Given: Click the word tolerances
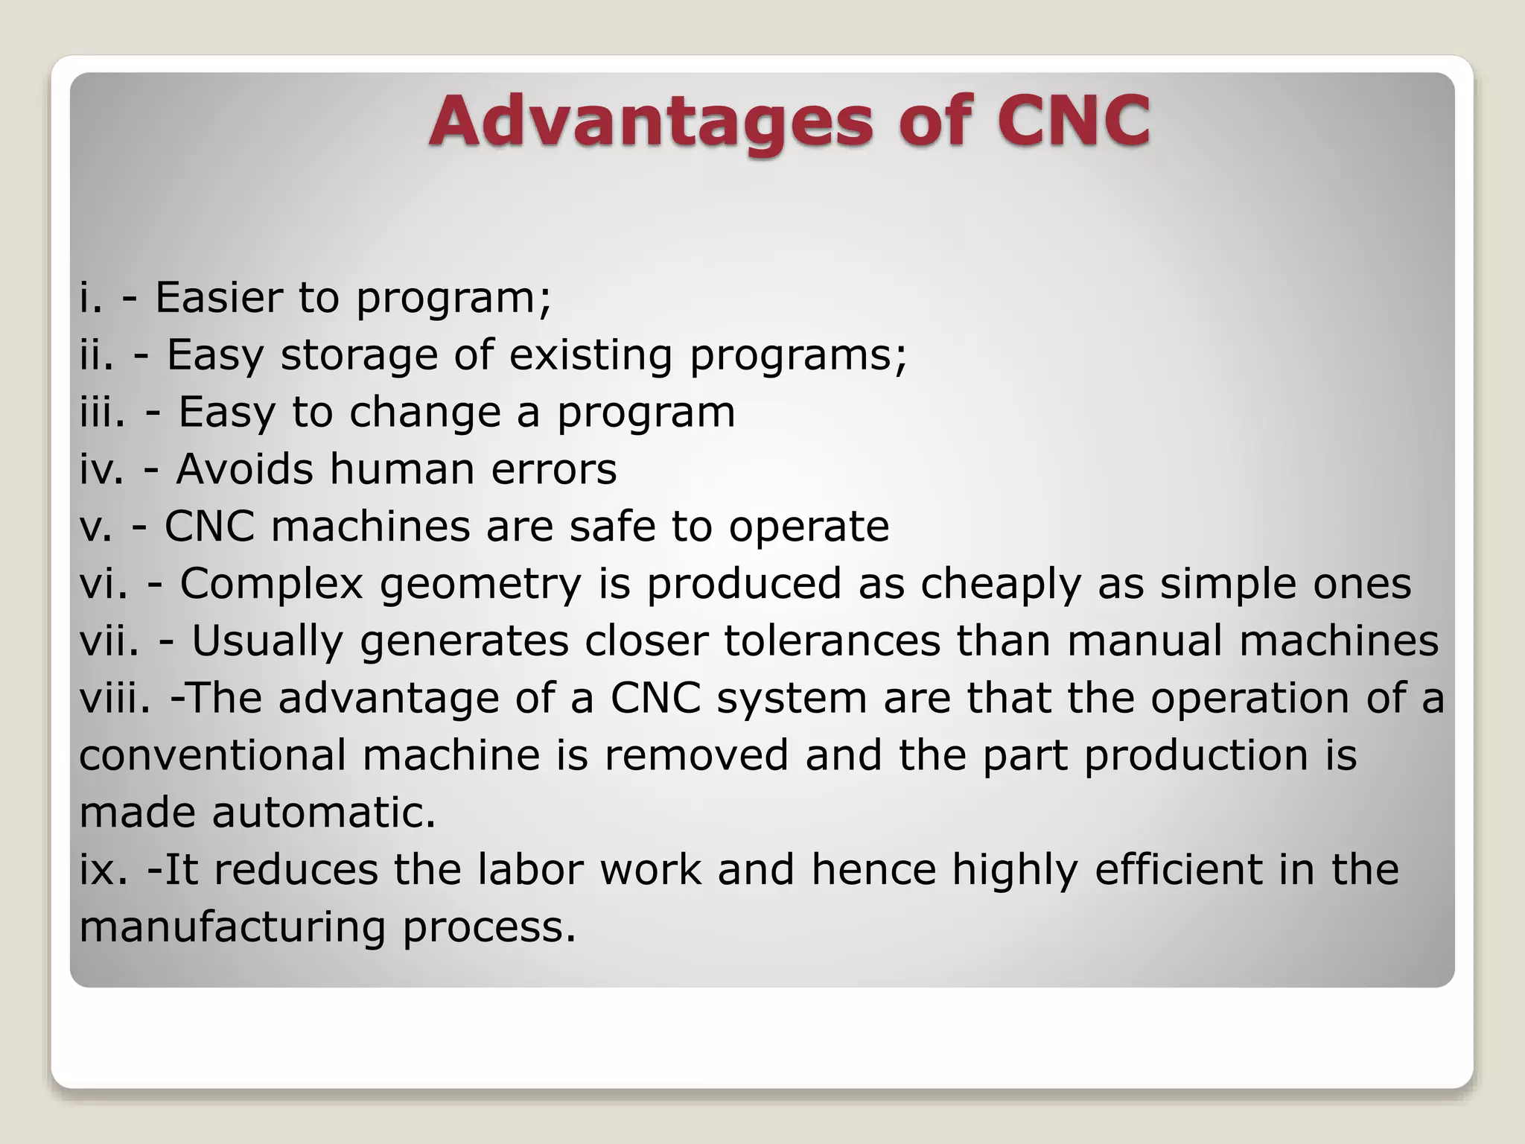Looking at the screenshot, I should coord(832,641).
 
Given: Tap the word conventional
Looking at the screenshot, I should coord(212,755).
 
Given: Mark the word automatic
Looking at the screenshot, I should coord(324,813).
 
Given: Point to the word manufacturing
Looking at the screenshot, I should coord(232,927).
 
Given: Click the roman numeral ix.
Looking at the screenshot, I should coord(104,870).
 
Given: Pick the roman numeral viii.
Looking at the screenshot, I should coord(115,699).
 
